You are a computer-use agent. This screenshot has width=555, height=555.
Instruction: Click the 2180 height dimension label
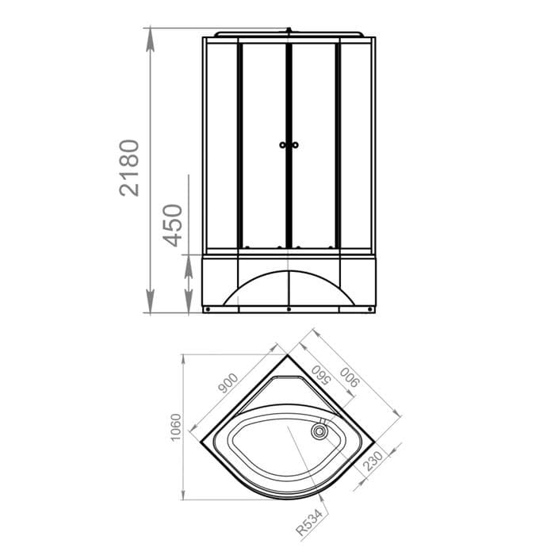(128, 168)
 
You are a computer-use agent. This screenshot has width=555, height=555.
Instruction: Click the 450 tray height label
(172, 225)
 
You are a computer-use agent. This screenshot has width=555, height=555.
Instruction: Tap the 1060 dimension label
(175, 427)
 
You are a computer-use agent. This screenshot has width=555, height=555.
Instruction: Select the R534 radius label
(310, 522)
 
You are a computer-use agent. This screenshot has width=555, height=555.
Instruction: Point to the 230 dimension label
(373, 461)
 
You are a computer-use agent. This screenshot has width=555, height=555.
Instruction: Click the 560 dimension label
(321, 375)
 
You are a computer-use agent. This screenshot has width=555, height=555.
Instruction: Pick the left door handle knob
(282, 145)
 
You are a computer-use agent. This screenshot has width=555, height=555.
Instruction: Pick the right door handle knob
(295, 145)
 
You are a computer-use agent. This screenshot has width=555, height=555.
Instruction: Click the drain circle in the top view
(320, 431)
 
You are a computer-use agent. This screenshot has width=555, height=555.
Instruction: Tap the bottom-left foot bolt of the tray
(208, 309)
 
